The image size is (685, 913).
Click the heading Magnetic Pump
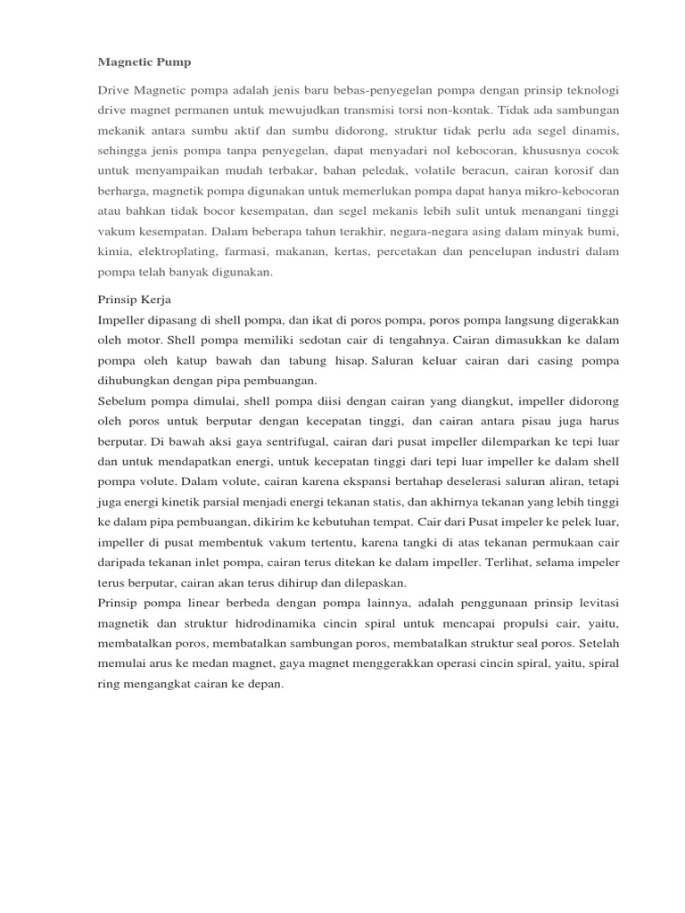pyautogui.click(x=144, y=62)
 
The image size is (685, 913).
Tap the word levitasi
pyautogui.click(x=591, y=604)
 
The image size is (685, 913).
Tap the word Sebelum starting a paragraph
pyautogui.click(x=124, y=401)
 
